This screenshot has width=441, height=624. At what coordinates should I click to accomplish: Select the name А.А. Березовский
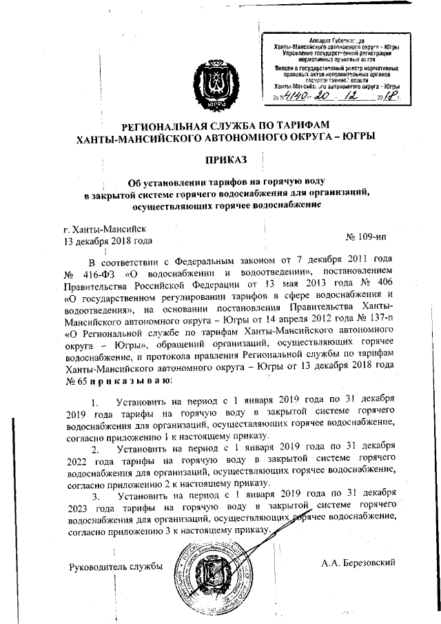[x=358, y=563]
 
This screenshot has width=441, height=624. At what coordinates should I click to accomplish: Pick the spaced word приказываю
[x=123, y=381]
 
